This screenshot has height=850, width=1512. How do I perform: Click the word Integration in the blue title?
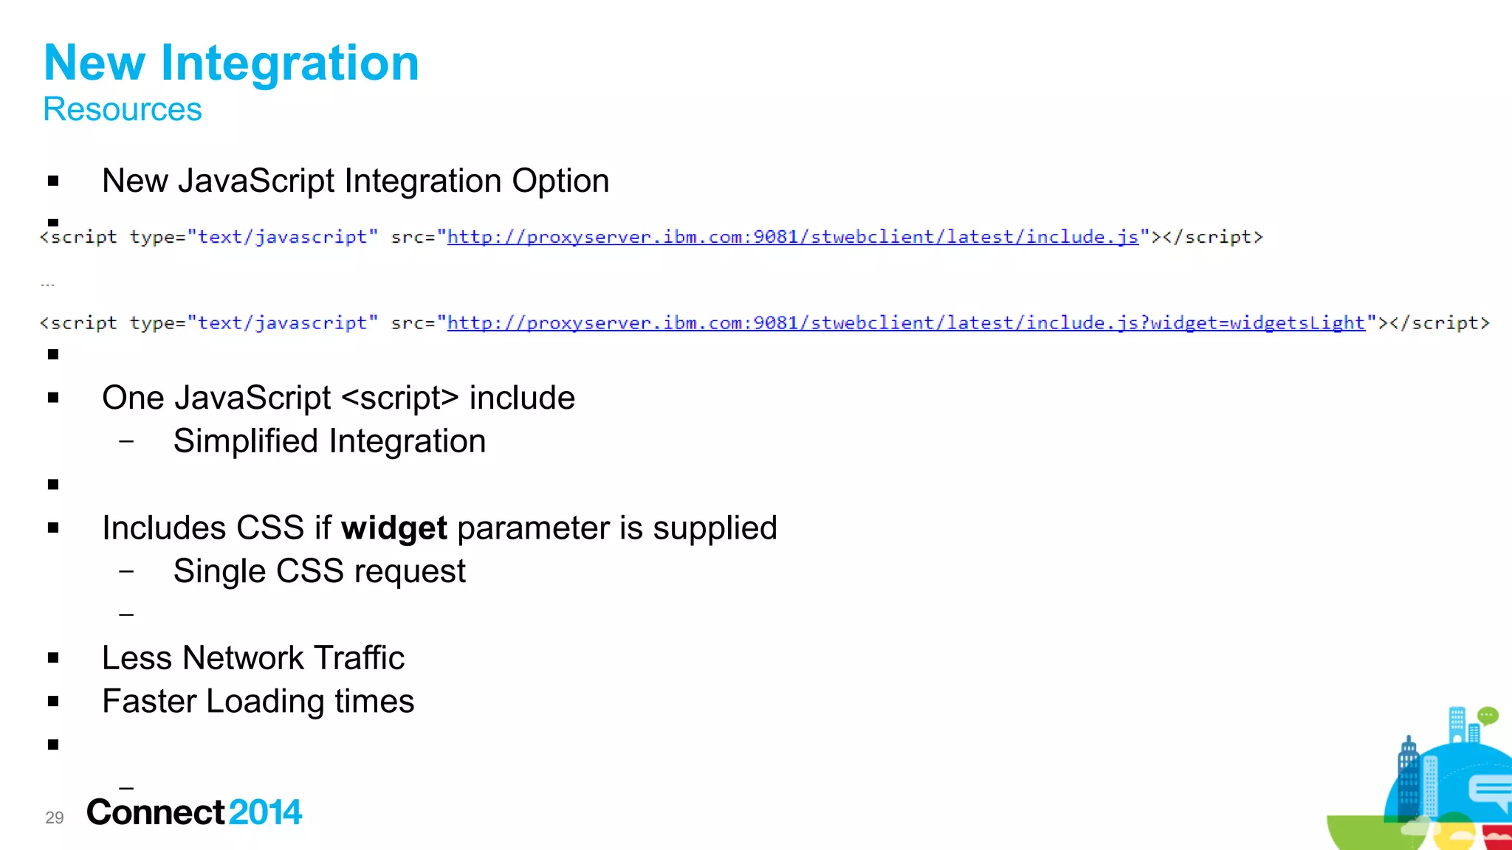click(x=289, y=63)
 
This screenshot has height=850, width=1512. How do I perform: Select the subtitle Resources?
click(x=123, y=110)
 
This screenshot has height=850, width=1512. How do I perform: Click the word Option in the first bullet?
click(x=560, y=182)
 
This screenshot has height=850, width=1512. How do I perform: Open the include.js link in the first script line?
click(x=793, y=238)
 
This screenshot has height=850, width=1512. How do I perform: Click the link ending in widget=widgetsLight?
click(x=906, y=323)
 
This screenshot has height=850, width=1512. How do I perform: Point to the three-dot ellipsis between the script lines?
click(x=47, y=284)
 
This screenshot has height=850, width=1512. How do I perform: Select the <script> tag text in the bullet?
click(x=400, y=398)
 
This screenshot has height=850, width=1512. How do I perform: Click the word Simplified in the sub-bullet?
click(x=247, y=442)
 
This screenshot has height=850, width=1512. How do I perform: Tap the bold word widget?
click(x=394, y=528)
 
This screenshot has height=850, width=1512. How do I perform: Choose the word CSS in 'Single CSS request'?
click(x=310, y=572)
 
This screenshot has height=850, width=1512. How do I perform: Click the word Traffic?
click(x=359, y=658)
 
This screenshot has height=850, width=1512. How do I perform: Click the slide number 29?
click(x=55, y=818)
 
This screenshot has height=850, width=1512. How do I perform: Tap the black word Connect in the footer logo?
click(x=155, y=812)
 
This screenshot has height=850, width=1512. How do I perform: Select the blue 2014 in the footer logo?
click(x=265, y=812)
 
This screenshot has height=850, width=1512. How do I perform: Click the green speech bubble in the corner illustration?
click(x=1488, y=716)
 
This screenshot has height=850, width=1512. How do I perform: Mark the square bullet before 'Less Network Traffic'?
click(x=53, y=658)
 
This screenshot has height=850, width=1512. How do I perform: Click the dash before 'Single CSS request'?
click(x=126, y=572)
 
